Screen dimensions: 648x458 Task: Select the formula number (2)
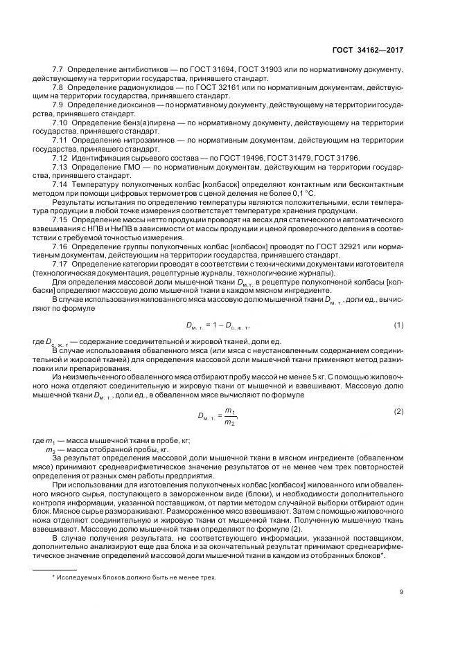(x=398, y=411)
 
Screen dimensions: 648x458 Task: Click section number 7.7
(x=58, y=71)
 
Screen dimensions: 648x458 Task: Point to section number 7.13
(x=61, y=167)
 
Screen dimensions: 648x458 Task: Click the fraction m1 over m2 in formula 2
(x=229, y=415)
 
